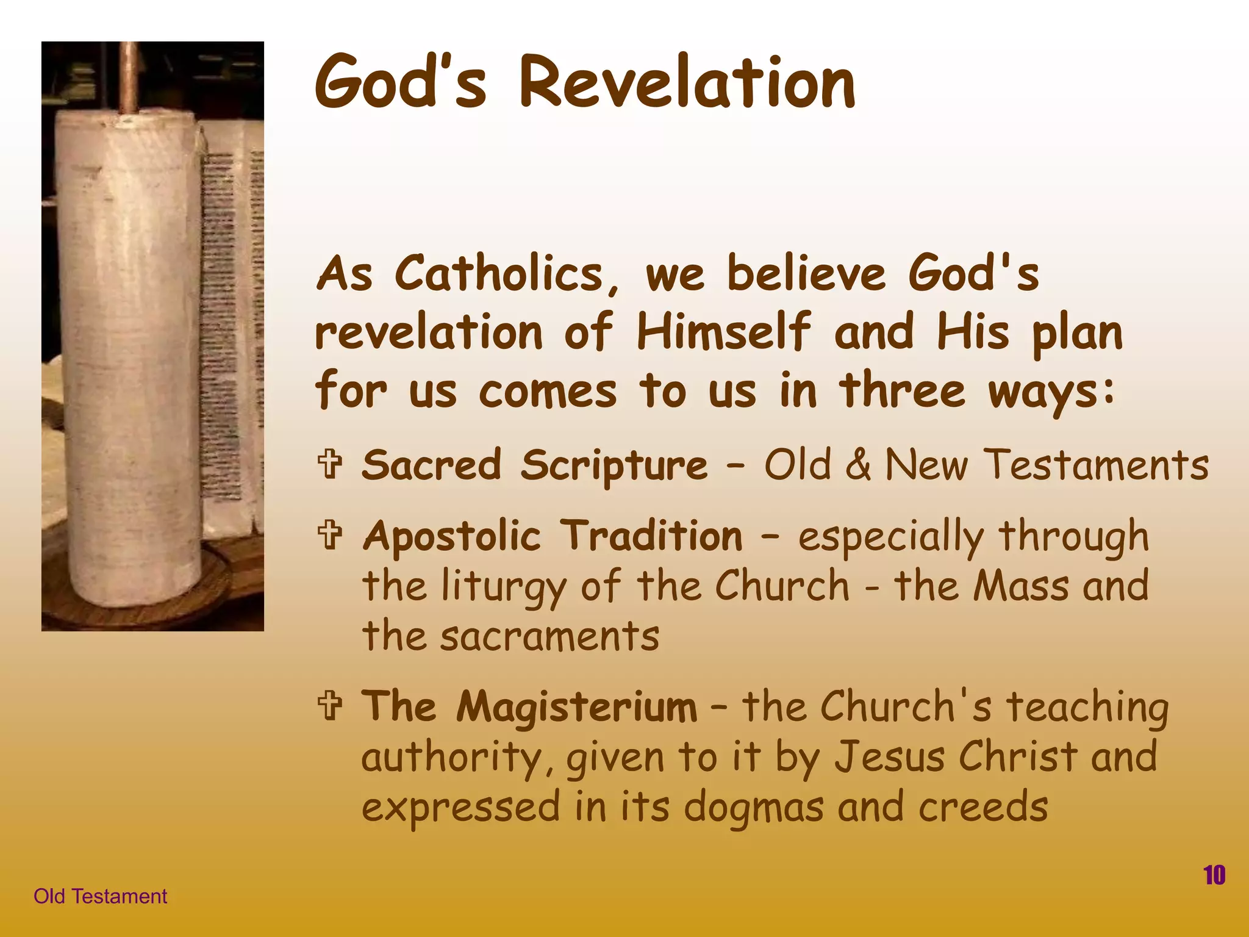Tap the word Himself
point(724,332)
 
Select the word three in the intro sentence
point(903,390)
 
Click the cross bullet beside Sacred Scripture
point(330,464)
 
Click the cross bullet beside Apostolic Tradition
point(330,534)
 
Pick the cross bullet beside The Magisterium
point(330,705)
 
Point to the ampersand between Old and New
point(858,465)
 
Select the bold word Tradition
point(651,536)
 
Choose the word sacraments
point(549,636)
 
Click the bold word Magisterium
point(576,706)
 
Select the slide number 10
point(1214,875)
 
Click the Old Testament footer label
point(100,896)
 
